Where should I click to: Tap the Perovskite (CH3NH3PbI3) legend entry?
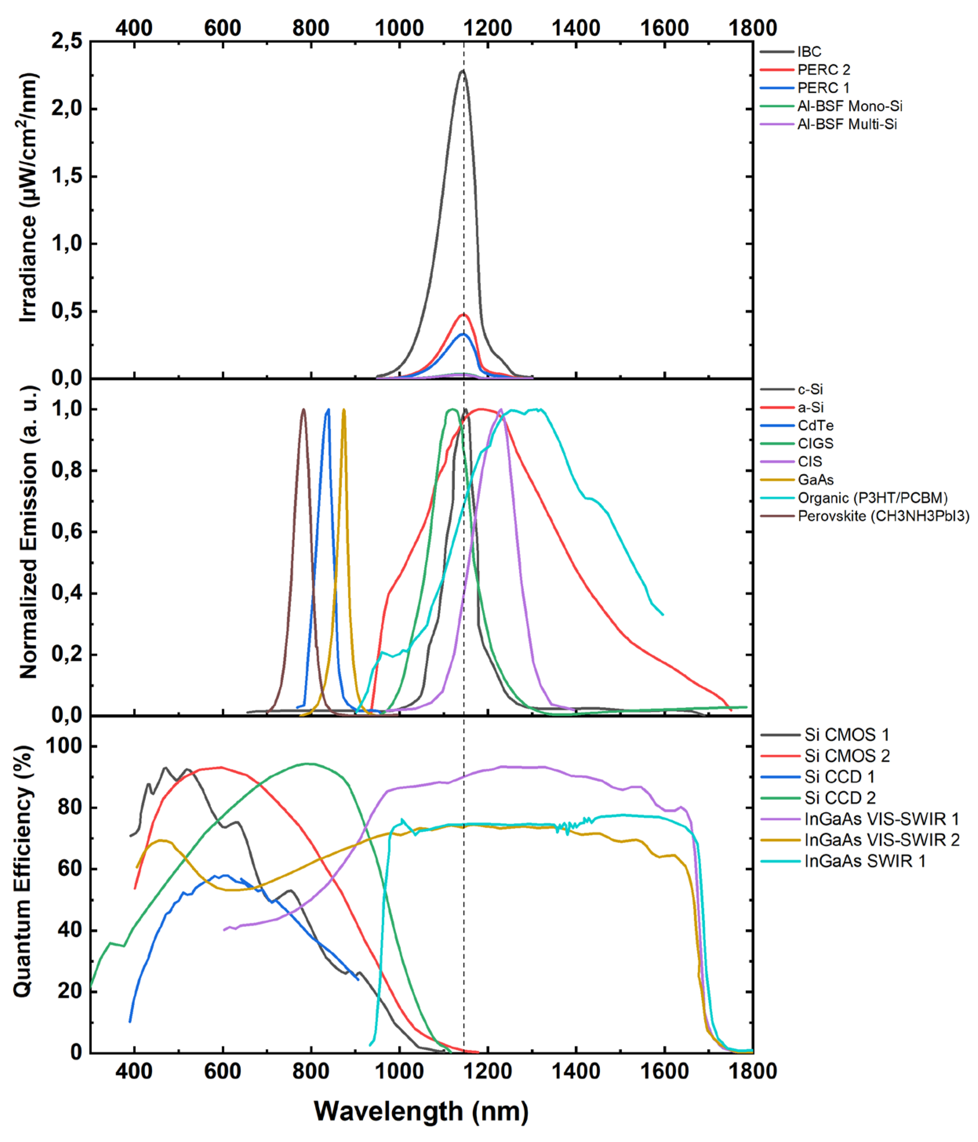click(x=883, y=516)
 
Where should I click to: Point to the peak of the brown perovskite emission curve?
click(x=303, y=409)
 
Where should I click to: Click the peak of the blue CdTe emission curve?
click(x=328, y=409)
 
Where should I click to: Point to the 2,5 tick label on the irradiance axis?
click(x=67, y=41)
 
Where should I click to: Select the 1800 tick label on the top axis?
click(x=753, y=27)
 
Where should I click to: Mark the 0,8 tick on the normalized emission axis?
click(x=67, y=471)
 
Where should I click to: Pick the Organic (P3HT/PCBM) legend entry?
click(x=872, y=498)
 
